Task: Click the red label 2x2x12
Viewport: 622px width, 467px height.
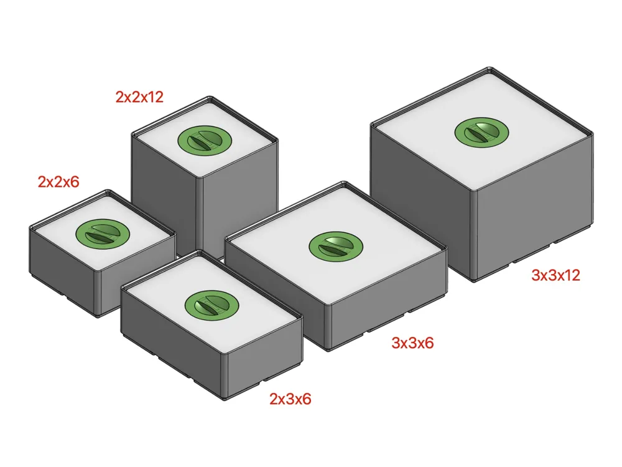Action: (139, 97)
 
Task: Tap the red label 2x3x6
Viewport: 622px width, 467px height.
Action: (290, 399)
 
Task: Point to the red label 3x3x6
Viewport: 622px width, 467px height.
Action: (412, 342)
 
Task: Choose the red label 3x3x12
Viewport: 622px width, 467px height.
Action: (555, 275)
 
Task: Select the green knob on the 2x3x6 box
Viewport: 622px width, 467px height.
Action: (211, 304)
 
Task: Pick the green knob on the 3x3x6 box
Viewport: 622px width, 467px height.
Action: (335, 247)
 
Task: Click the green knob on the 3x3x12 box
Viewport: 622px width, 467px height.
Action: (481, 132)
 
